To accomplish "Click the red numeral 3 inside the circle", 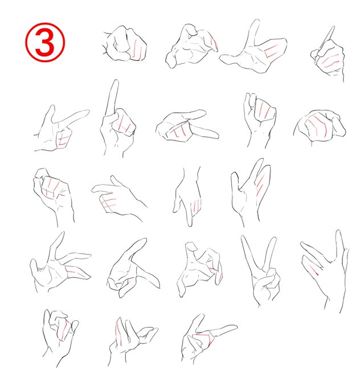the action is coord(45,42).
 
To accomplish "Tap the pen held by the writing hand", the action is coord(326,39).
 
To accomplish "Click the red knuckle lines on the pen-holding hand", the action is coord(328,61).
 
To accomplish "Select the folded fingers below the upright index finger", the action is coord(124,123).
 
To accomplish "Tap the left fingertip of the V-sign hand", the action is coord(243,237).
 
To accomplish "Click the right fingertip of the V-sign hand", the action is coord(274,239).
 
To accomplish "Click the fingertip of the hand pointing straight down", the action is coord(190,224).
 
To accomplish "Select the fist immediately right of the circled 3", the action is coord(125,43).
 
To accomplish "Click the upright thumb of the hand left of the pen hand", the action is coord(253,32).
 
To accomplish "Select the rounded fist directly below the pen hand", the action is coord(320,126).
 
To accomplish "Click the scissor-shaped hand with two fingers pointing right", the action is coord(187,126).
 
